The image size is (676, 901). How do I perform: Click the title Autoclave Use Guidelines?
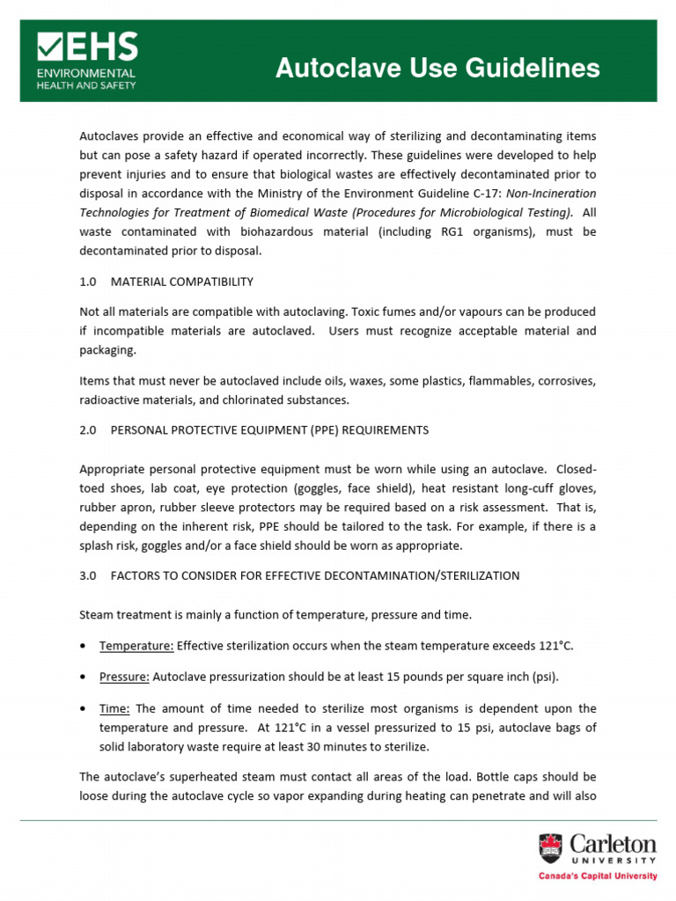(437, 69)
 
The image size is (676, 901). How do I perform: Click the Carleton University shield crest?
(551, 848)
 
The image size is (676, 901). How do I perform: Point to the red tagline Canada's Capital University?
(598, 876)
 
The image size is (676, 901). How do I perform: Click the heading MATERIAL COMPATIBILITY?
(182, 282)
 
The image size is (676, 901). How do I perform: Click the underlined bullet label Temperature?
(136, 646)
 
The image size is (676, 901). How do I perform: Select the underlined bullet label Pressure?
(124, 677)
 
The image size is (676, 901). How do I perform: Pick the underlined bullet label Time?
(115, 708)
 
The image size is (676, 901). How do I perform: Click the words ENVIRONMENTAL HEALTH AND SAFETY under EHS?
(85, 79)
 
